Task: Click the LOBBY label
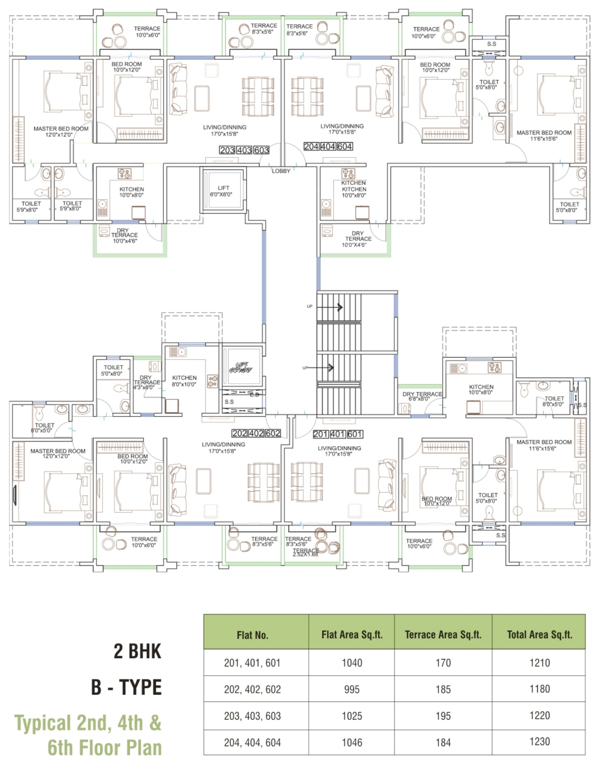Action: [281, 171]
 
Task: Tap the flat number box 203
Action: [227, 150]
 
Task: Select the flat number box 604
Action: [345, 147]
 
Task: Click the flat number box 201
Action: [321, 434]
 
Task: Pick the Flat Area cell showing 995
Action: [352, 689]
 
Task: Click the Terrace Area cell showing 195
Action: [443, 716]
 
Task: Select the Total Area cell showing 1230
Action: [540, 741]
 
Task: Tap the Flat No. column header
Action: [252, 635]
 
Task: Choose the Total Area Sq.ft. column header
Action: [540, 635]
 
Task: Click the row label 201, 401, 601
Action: [252, 663]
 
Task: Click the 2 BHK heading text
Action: [138, 652]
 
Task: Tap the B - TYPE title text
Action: [126, 687]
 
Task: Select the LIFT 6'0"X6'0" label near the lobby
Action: [221, 191]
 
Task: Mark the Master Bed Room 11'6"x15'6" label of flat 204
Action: [544, 136]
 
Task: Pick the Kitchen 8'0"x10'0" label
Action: [184, 381]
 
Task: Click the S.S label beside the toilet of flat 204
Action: [492, 44]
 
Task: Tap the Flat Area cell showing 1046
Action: [352, 742]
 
